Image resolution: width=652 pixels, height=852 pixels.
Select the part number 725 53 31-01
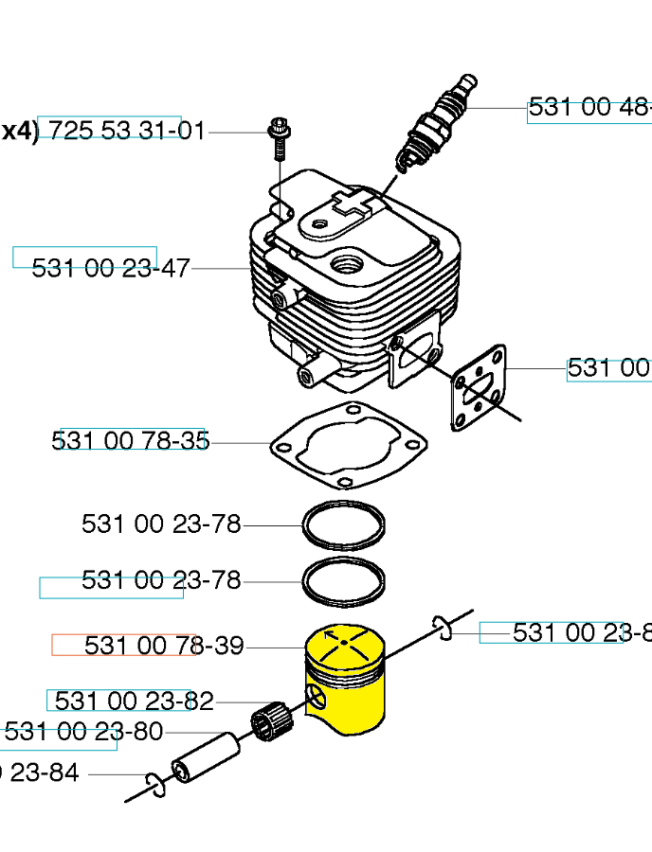tap(126, 131)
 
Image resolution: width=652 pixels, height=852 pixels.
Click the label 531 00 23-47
tap(111, 269)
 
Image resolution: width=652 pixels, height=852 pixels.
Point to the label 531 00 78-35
tap(131, 441)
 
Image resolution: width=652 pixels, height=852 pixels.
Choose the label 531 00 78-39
tap(164, 646)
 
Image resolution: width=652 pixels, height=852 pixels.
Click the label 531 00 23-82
tap(134, 701)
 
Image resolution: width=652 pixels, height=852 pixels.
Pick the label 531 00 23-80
tap(83, 732)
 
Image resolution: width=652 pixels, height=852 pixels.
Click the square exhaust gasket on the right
tap(480, 387)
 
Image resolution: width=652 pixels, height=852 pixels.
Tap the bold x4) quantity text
tap(19, 131)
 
